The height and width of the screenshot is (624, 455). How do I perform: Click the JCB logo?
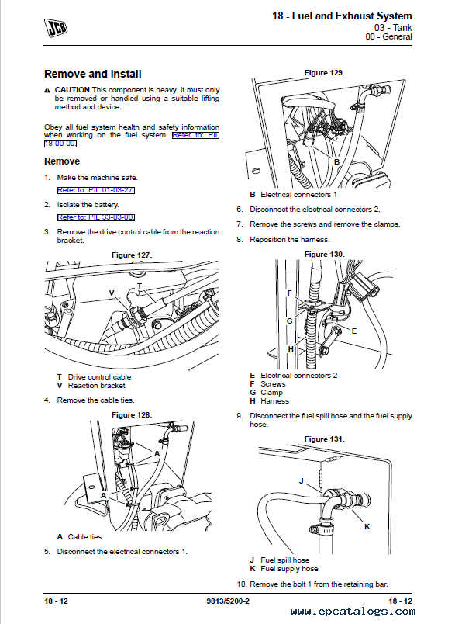click(56, 28)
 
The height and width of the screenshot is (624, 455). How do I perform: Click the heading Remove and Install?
click(93, 74)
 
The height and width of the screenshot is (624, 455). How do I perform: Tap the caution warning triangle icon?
click(47, 90)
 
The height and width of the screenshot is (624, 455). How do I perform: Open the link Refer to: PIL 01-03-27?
click(96, 190)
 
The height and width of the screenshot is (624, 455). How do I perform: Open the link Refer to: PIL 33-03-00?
click(96, 217)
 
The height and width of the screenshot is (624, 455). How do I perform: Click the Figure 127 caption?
click(132, 255)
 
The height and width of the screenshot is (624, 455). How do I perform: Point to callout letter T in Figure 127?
click(139, 286)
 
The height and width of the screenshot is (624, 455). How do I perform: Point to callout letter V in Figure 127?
click(112, 293)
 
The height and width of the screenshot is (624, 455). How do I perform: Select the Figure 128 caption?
click(132, 415)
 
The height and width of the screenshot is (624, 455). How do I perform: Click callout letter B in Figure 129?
click(336, 162)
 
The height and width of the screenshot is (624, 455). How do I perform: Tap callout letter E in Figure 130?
click(354, 331)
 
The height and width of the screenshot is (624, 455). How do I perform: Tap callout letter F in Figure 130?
click(290, 293)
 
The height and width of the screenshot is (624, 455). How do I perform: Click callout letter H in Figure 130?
click(291, 349)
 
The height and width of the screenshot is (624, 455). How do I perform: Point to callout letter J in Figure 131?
click(302, 480)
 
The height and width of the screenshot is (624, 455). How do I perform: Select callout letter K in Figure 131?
click(367, 526)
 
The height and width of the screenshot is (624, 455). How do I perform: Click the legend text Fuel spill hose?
click(285, 560)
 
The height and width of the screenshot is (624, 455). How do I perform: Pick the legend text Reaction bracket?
click(97, 386)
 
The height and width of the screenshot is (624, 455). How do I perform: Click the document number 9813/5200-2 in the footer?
click(228, 601)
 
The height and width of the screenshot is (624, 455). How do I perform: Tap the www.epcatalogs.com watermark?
click(353, 612)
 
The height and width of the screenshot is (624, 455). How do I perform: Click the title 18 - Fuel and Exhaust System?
click(342, 16)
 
